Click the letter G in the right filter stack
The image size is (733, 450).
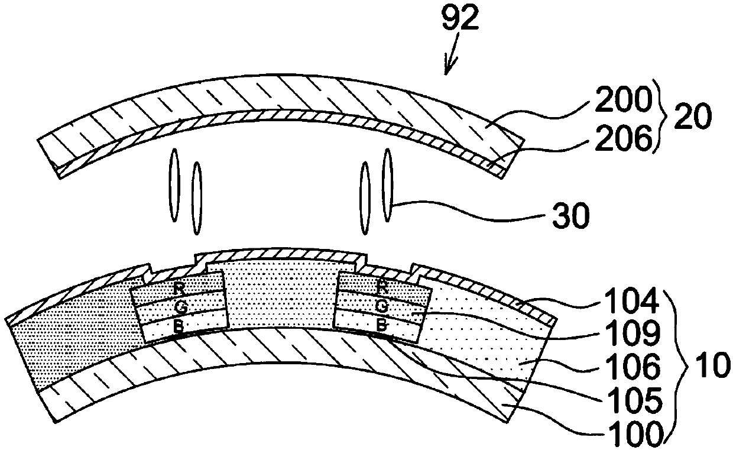pyautogui.click(x=382, y=306)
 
